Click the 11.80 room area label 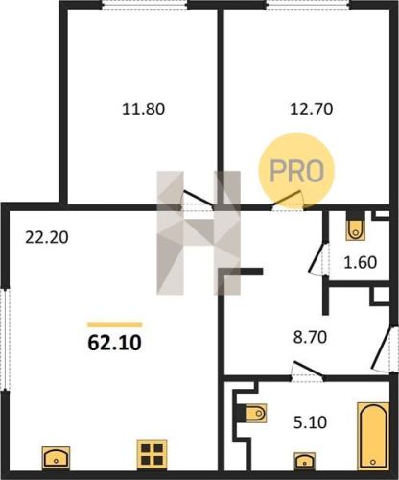(144, 109)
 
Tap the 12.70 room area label (312, 109)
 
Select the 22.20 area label (47, 238)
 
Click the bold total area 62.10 (114, 343)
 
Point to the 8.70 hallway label (310, 337)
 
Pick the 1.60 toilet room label (361, 263)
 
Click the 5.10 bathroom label (310, 422)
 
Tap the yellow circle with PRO (296, 171)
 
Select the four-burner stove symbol (152, 454)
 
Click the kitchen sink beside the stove (56, 458)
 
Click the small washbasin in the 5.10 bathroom (305, 461)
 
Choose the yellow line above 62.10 (114, 324)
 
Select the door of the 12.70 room (288, 201)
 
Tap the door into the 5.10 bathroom (308, 372)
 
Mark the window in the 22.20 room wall (6, 340)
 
